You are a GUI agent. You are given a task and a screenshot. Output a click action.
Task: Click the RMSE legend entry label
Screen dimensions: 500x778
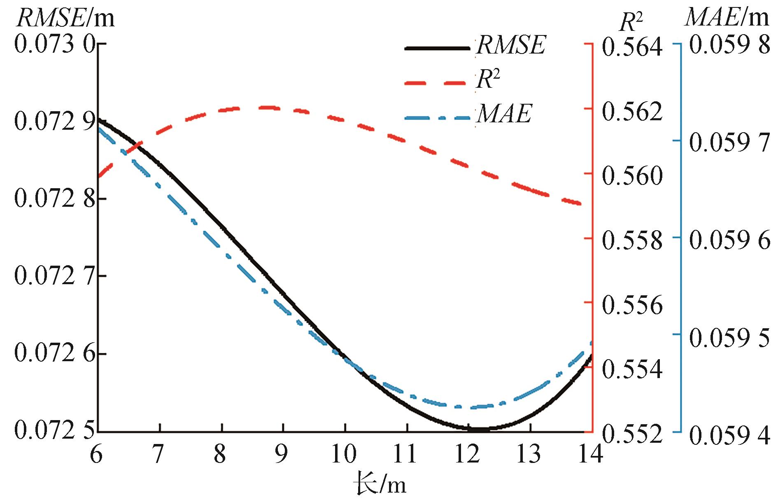click(511, 45)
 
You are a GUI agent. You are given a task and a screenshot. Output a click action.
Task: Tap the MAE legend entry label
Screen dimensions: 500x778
click(504, 114)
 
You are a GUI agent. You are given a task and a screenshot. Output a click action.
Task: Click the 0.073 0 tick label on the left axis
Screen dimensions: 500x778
click(55, 44)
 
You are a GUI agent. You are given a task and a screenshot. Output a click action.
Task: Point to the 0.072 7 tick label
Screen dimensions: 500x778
click(55, 276)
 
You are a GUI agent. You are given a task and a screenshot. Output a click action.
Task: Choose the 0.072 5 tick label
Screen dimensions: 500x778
click(55, 431)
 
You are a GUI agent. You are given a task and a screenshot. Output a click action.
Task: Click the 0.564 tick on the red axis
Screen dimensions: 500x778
click(632, 46)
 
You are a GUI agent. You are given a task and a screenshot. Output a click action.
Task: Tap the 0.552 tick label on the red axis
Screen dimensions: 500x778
click(632, 433)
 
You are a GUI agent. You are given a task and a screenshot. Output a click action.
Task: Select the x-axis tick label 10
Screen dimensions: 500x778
click(344, 454)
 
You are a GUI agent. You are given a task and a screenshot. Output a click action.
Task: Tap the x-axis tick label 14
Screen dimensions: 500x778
click(591, 454)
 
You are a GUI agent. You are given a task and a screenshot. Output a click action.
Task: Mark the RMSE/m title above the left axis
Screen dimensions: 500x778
click(66, 18)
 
